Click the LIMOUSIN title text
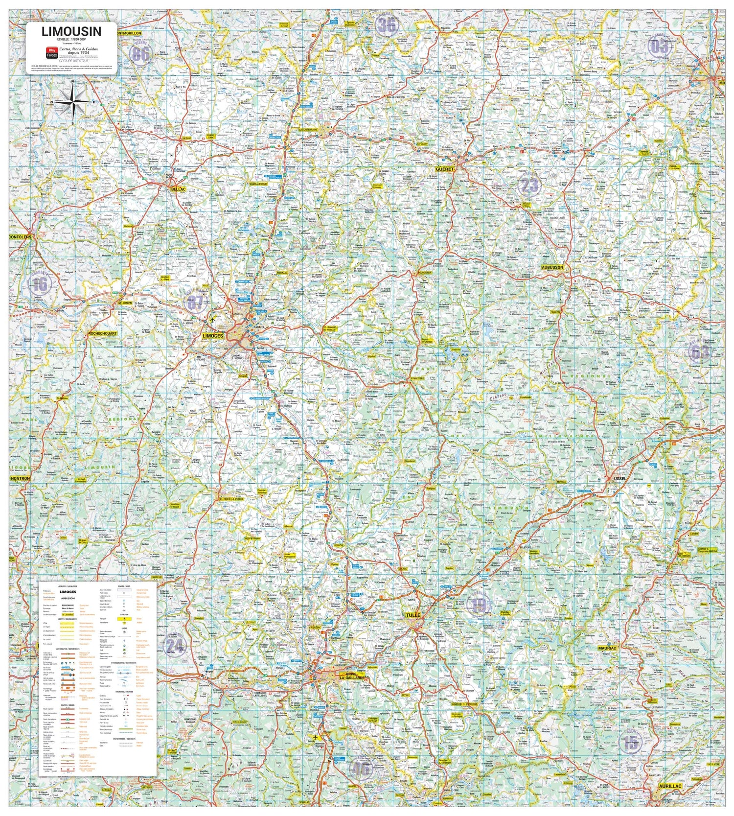tap(71, 32)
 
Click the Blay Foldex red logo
tap(51, 52)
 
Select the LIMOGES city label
tap(212, 336)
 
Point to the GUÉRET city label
tap(444, 169)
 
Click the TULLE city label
tap(413, 615)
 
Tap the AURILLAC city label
tap(670, 786)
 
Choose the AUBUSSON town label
tap(552, 268)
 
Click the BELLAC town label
tap(178, 188)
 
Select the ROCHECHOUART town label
tap(102, 333)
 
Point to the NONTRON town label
tap(20, 478)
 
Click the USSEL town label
tap(619, 478)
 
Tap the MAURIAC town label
tap(607, 648)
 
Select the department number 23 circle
tap(529, 185)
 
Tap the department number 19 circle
tap(479, 606)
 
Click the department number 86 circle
tap(140, 53)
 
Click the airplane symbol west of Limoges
tap(212, 320)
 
